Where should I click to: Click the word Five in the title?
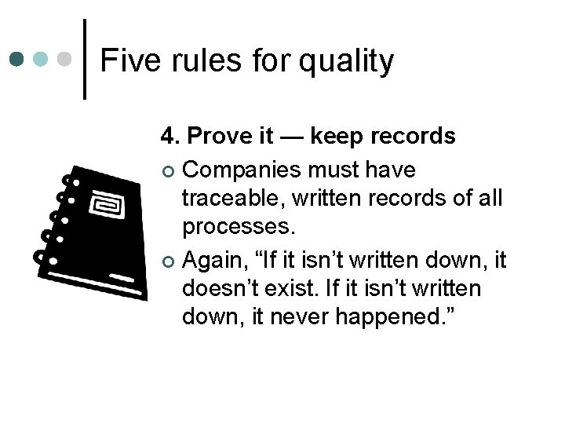click(126, 60)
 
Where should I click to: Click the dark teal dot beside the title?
click(18, 59)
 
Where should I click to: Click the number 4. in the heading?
click(169, 137)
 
